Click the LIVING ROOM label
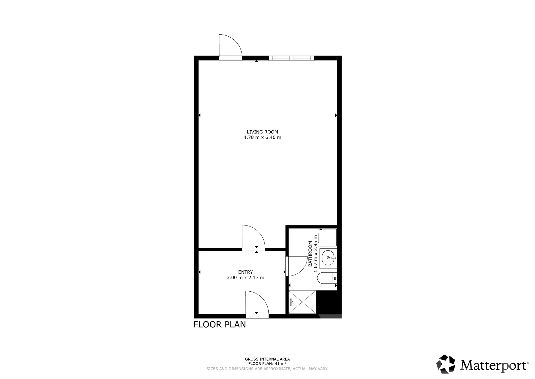pyautogui.click(x=262, y=132)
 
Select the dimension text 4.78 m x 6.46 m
pyautogui.click(x=262, y=137)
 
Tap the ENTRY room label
pyautogui.click(x=245, y=272)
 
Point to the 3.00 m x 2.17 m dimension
pyautogui.click(x=245, y=278)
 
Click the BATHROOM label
pyautogui.click(x=310, y=254)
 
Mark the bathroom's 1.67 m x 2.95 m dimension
pyautogui.click(x=316, y=253)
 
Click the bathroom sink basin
pyautogui.click(x=328, y=258)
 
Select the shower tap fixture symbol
pyautogui.click(x=291, y=302)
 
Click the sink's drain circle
pyautogui.click(x=329, y=258)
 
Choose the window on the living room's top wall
pyautogui.click(x=291, y=58)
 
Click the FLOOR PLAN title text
pyautogui.click(x=220, y=325)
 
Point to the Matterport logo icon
pyautogui.click(x=446, y=364)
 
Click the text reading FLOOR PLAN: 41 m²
pyautogui.click(x=267, y=364)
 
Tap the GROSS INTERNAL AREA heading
pyautogui.click(x=267, y=359)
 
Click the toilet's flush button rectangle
pyautogui.click(x=335, y=278)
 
